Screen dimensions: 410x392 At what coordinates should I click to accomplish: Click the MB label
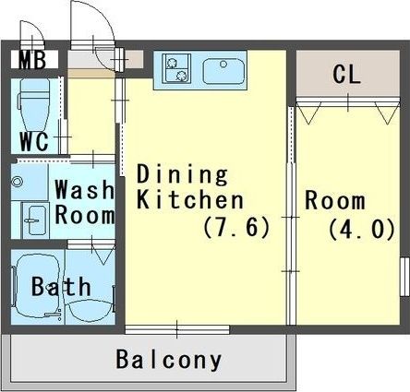[x=32, y=60]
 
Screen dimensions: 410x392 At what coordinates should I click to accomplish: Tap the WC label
[x=34, y=141]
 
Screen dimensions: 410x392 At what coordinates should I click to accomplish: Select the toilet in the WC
[x=34, y=104]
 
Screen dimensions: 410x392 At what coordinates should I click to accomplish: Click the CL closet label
[x=346, y=74]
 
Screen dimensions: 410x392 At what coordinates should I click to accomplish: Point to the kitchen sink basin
[x=223, y=71]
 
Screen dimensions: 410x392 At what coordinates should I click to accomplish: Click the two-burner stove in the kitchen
[x=176, y=68]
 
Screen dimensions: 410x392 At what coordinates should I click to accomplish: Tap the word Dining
[x=182, y=175]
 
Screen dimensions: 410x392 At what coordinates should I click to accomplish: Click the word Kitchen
[x=190, y=200]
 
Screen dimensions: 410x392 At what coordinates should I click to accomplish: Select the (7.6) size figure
[x=236, y=227]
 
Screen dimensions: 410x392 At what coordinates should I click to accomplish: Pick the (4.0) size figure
[x=362, y=229]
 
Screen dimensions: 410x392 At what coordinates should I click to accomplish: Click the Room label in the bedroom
[x=335, y=200]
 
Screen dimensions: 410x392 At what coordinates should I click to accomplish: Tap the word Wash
[x=85, y=189]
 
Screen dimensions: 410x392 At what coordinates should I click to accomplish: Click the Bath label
[x=61, y=287]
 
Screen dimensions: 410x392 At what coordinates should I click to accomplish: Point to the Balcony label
[x=169, y=360]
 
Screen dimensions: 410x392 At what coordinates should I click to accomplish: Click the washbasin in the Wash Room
[x=35, y=220]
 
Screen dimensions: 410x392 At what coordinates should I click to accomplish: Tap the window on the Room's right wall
[x=404, y=277]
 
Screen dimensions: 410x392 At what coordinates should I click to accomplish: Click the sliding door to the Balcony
[x=177, y=329]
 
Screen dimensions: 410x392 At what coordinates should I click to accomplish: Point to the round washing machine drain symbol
[x=17, y=182]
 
